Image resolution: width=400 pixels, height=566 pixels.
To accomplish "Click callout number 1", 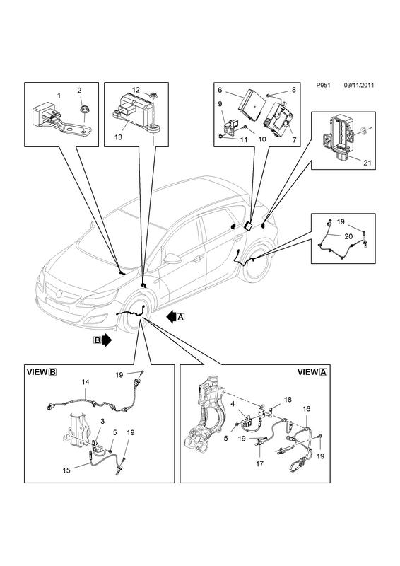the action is (59, 96).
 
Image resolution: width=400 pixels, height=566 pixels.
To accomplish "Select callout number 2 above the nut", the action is (79, 91).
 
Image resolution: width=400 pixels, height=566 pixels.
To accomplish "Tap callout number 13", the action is (119, 137).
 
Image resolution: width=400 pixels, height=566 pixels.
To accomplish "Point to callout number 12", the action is (136, 90).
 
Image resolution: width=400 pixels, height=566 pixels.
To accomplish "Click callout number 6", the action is (220, 91).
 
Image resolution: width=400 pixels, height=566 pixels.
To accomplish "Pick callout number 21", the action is (367, 163).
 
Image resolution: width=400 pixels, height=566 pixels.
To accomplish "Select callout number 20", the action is (348, 236).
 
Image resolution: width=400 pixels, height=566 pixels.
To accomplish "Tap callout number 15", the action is (66, 470).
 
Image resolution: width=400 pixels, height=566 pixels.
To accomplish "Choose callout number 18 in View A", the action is (288, 400).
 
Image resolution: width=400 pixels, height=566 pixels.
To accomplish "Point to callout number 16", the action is (306, 409).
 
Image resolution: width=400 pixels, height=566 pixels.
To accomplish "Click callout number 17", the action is (259, 464).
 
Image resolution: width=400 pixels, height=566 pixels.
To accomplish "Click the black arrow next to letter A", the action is (171, 316).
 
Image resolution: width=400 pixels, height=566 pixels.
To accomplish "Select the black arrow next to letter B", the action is (107, 340).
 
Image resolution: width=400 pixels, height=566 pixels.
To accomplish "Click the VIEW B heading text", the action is (42, 372).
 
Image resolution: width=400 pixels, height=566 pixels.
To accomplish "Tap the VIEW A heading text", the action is (312, 372).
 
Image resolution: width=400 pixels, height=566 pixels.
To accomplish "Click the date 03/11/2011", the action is (359, 86).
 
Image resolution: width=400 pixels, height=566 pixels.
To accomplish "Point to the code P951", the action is (323, 86).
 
